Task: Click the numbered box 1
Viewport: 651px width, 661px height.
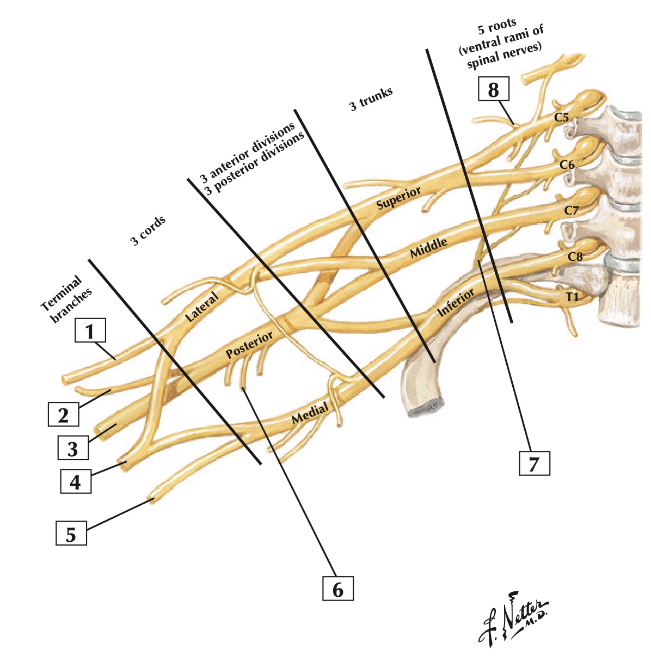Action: (x=91, y=330)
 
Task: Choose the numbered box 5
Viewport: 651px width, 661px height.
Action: (x=71, y=534)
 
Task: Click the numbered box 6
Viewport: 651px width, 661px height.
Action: (x=337, y=589)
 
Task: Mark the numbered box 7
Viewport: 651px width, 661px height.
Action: (x=534, y=463)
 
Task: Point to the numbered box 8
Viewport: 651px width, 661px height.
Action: (x=493, y=89)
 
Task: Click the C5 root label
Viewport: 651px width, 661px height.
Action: (x=562, y=117)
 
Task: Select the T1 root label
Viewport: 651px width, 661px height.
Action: (x=571, y=297)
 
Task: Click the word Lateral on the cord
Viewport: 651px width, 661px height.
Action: (x=201, y=306)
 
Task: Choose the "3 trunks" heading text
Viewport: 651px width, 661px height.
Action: (x=371, y=100)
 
